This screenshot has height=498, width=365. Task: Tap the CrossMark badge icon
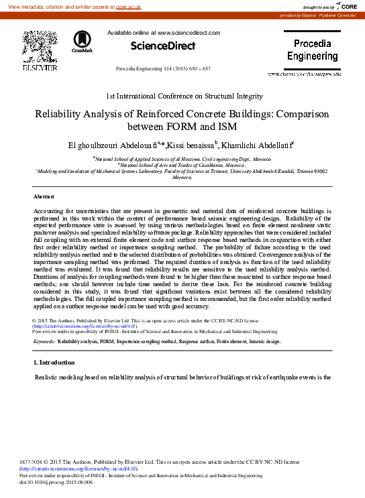point(82,42)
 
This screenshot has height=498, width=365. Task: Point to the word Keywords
point(44,342)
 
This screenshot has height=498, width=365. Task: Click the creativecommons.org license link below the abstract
point(85,326)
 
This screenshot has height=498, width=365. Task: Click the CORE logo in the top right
point(347,6)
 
